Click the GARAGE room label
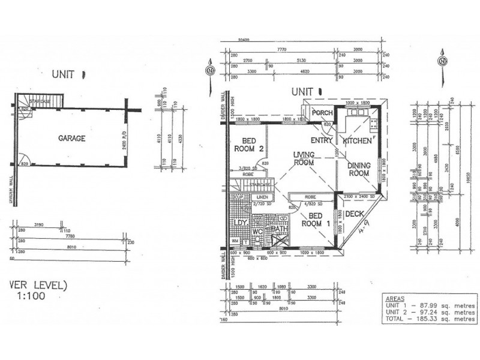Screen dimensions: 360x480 (71, 138)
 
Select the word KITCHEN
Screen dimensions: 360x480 (358, 141)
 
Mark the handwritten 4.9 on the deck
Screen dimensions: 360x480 (362, 226)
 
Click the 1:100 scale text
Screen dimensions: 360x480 (32, 296)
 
